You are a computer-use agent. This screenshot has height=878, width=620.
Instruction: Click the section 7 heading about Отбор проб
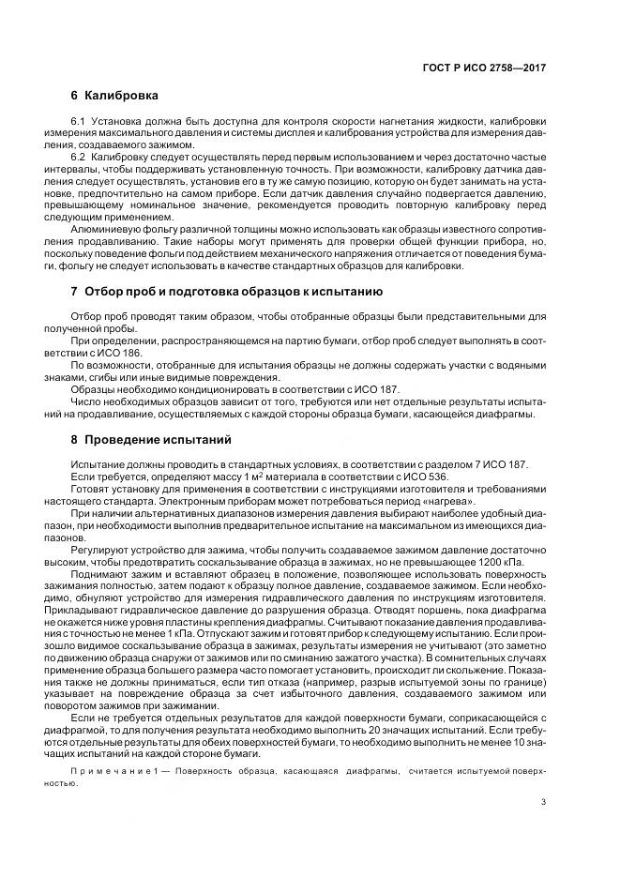click(226, 292)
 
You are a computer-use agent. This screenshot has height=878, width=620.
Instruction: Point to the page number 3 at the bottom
click(543, 801)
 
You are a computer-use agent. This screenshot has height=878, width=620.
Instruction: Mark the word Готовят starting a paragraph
click(90, 489)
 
